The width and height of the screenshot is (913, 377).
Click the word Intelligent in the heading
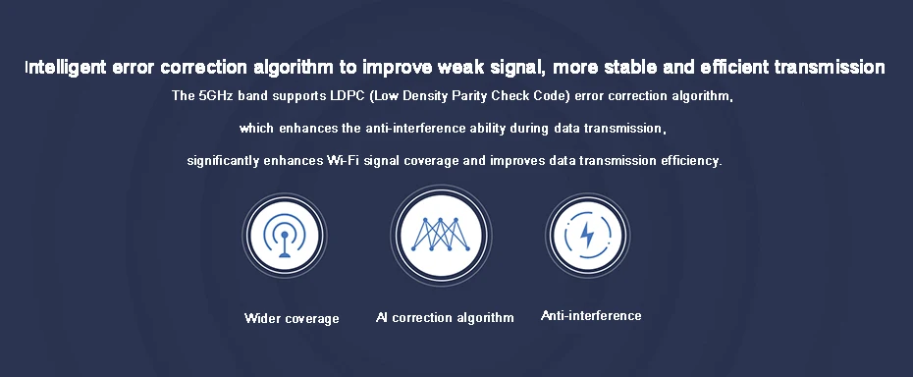(x=65, y=68)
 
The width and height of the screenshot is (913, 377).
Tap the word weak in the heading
(x=459, y=68)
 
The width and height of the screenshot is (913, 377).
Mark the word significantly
(x=224, y=161)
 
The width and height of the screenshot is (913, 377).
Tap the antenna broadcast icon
(x=284, y=236)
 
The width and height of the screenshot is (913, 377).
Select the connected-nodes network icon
(x=441, y=235)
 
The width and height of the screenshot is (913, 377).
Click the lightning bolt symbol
(x=587, y=235)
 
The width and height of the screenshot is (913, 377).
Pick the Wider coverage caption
(x=292, y=319)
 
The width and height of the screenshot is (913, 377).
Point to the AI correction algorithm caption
(x=445, y=317)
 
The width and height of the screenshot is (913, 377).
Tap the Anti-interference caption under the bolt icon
(x=591, y=316)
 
